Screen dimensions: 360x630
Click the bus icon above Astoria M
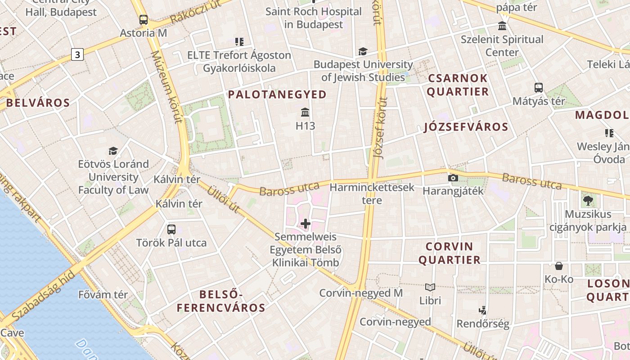coord(144,20)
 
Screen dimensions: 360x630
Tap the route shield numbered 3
coord(77,55)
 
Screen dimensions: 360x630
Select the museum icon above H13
coord(305,112)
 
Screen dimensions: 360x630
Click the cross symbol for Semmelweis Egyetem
coord(306,223)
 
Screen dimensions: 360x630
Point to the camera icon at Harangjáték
coord(453,178)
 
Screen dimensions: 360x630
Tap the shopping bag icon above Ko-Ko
coord(559,266)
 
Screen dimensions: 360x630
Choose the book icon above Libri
coord(430,287)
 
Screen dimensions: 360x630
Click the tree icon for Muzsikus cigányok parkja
coord(588,200)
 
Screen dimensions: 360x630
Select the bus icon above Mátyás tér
coord(539,87)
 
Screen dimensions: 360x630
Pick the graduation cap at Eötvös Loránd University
coord(113,151)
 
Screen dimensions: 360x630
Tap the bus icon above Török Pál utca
coord(171,229)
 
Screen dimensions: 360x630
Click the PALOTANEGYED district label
coord(277,94)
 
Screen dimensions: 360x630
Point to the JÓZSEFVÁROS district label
coord(466,127)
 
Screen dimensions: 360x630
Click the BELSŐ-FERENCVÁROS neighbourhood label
coord(221,301)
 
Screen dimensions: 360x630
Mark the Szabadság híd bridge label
coord(43,297)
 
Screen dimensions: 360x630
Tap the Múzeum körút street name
coord(166,86)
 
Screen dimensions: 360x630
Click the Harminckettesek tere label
coord(372,193)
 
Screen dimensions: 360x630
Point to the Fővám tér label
coord(103,295)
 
